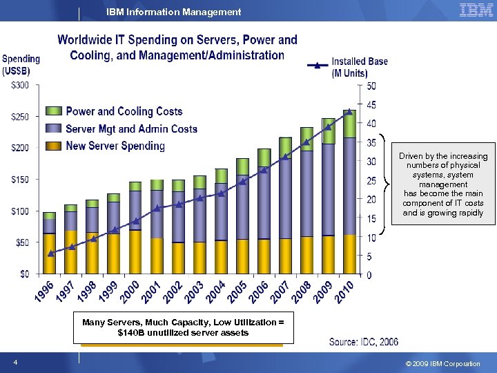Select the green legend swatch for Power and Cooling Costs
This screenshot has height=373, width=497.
54,111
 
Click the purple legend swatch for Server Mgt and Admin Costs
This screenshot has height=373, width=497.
54,128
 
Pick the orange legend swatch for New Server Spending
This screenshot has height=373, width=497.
54,146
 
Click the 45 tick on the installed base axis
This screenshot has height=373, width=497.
371,105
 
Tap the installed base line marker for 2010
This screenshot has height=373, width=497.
350,111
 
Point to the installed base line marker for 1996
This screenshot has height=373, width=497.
50,254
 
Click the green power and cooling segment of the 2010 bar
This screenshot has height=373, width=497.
350,124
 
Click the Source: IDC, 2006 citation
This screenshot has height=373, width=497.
364,342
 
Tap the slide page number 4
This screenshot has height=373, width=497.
14,363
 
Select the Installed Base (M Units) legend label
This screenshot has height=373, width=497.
360,67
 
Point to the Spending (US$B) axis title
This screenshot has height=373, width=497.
21,65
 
